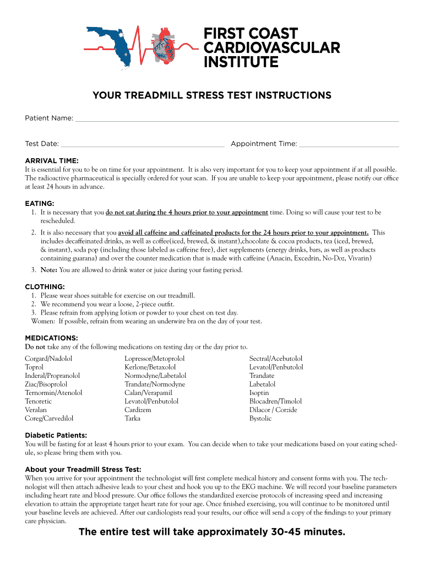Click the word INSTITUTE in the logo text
click(x=241, y=63)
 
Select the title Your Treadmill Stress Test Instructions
click(x=212, y=95)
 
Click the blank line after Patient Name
click(x=237, y=119)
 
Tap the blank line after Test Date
click(x=142, y=144)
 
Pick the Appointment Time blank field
click(x=349, y=144)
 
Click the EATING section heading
click(x=39, y=203)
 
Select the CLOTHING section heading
click(x=45, y=287)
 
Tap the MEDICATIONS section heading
click(x=51, y=338)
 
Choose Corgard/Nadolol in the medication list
click(x=48, y=359)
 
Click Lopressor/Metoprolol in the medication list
click(x=155, y=359)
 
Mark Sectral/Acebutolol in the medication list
click(x=276, y=359)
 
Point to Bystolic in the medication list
click(x=260, y=419)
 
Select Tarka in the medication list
click(x=132, y=419)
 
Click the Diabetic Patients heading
click(x=56, y=435)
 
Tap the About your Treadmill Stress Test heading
click(x=83, y=469)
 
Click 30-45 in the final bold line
click(x=286, y=532)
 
